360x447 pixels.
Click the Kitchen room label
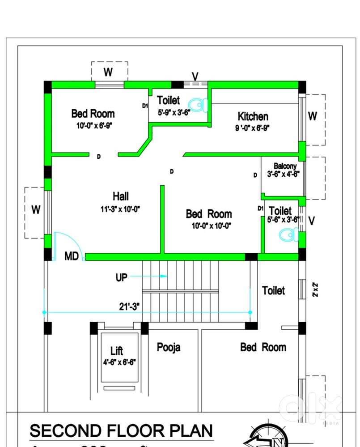[x=253, y=117]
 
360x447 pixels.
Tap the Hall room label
[x=121, y=196]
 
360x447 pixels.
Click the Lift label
[x=117, y=351]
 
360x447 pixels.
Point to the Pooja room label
[x=169, y=347]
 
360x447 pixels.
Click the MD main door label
[x=72, y=257]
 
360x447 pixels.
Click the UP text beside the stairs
[x=122, y=277]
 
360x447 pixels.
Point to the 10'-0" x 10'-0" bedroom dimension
[x=209, y=226]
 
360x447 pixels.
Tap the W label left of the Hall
[x=36, y=209]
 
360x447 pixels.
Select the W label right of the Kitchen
[x=313, y=116]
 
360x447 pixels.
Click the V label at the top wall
[x=195, y=75]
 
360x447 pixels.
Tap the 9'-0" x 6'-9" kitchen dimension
[x=253, y=128]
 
